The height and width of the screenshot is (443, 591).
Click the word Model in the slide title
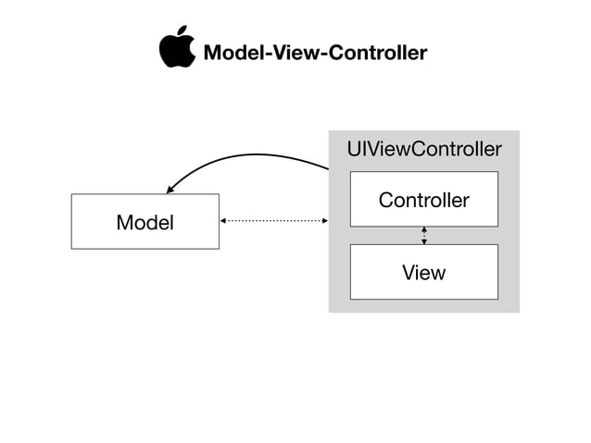click(x=228, y=53)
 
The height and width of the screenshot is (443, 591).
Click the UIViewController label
click(x=423, y=149)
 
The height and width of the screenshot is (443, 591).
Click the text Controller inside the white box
click(x=423, y=200)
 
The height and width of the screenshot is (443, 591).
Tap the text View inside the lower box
click(x=423, y=273)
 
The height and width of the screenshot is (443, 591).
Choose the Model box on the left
click(x=145, y=222)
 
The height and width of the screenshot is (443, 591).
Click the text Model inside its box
click(x=145, y=223)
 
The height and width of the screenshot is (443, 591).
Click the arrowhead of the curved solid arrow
click(x=171, y=189)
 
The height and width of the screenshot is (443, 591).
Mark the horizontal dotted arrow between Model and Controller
click(x=274, y=221)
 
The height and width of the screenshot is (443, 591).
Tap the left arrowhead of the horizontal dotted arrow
click(x=223, y=221)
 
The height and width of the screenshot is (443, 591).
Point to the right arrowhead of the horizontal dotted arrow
click(x=325, y=221)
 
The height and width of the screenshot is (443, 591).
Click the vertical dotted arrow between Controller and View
click(x=424, y=236)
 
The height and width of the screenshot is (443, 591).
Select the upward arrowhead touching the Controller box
click(x=424, y=229)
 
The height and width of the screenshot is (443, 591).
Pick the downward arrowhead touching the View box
click(x=424, y=241)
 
